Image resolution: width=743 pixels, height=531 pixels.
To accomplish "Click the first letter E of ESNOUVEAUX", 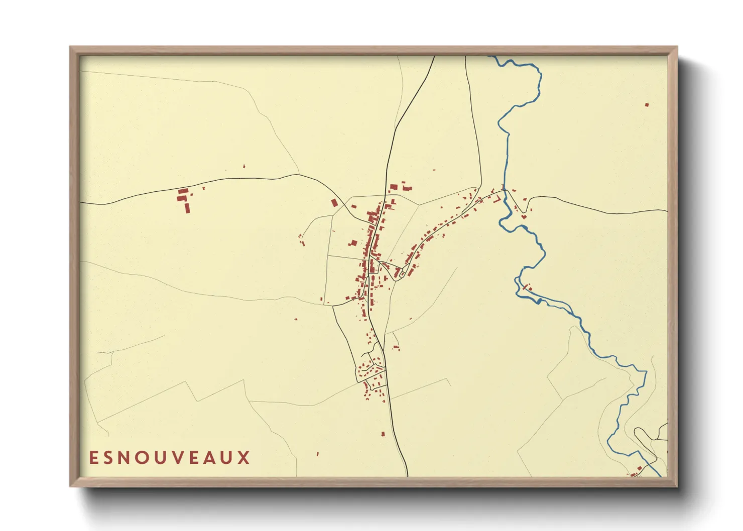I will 93,458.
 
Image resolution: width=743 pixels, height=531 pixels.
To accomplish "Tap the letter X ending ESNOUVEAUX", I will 244,458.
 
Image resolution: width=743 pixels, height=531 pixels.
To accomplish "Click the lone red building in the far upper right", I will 647,105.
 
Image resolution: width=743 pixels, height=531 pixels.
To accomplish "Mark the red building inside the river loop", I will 527,288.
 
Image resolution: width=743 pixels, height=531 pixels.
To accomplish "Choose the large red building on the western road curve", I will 334,203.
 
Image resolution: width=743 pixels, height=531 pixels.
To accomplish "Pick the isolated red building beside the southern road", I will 383,434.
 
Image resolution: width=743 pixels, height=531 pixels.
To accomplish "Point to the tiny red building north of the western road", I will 244,166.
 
